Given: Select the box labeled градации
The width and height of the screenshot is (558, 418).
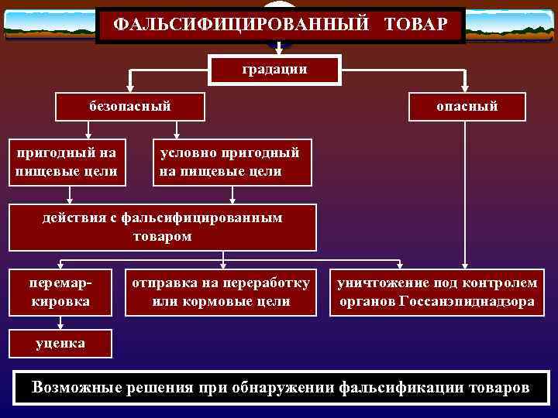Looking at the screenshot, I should tap(274, 69).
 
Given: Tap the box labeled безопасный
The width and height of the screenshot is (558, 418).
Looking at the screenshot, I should tap(129, 106).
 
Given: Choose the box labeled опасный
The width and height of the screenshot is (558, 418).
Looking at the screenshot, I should tap(467, 106).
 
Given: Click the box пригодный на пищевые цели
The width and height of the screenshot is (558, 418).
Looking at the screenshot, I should tap(67, 163).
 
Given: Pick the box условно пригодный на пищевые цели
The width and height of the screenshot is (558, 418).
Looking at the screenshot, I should tap(232, 163).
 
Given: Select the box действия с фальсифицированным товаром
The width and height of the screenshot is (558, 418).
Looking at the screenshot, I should tap(163, 228).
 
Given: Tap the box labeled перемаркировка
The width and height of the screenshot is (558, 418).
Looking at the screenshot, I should tap(60, 292).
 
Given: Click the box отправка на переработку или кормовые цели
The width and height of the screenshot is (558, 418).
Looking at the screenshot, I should tap(222, 292).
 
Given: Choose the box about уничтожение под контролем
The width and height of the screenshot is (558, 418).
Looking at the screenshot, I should tap(436, 292).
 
